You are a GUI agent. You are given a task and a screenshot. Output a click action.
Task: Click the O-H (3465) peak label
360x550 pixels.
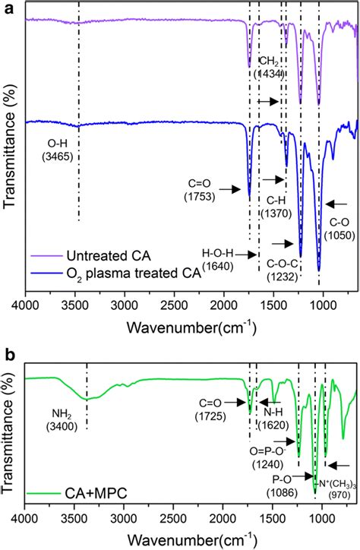[x=63, y=148]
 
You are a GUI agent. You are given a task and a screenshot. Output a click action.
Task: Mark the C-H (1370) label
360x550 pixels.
[x=273, y=207]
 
